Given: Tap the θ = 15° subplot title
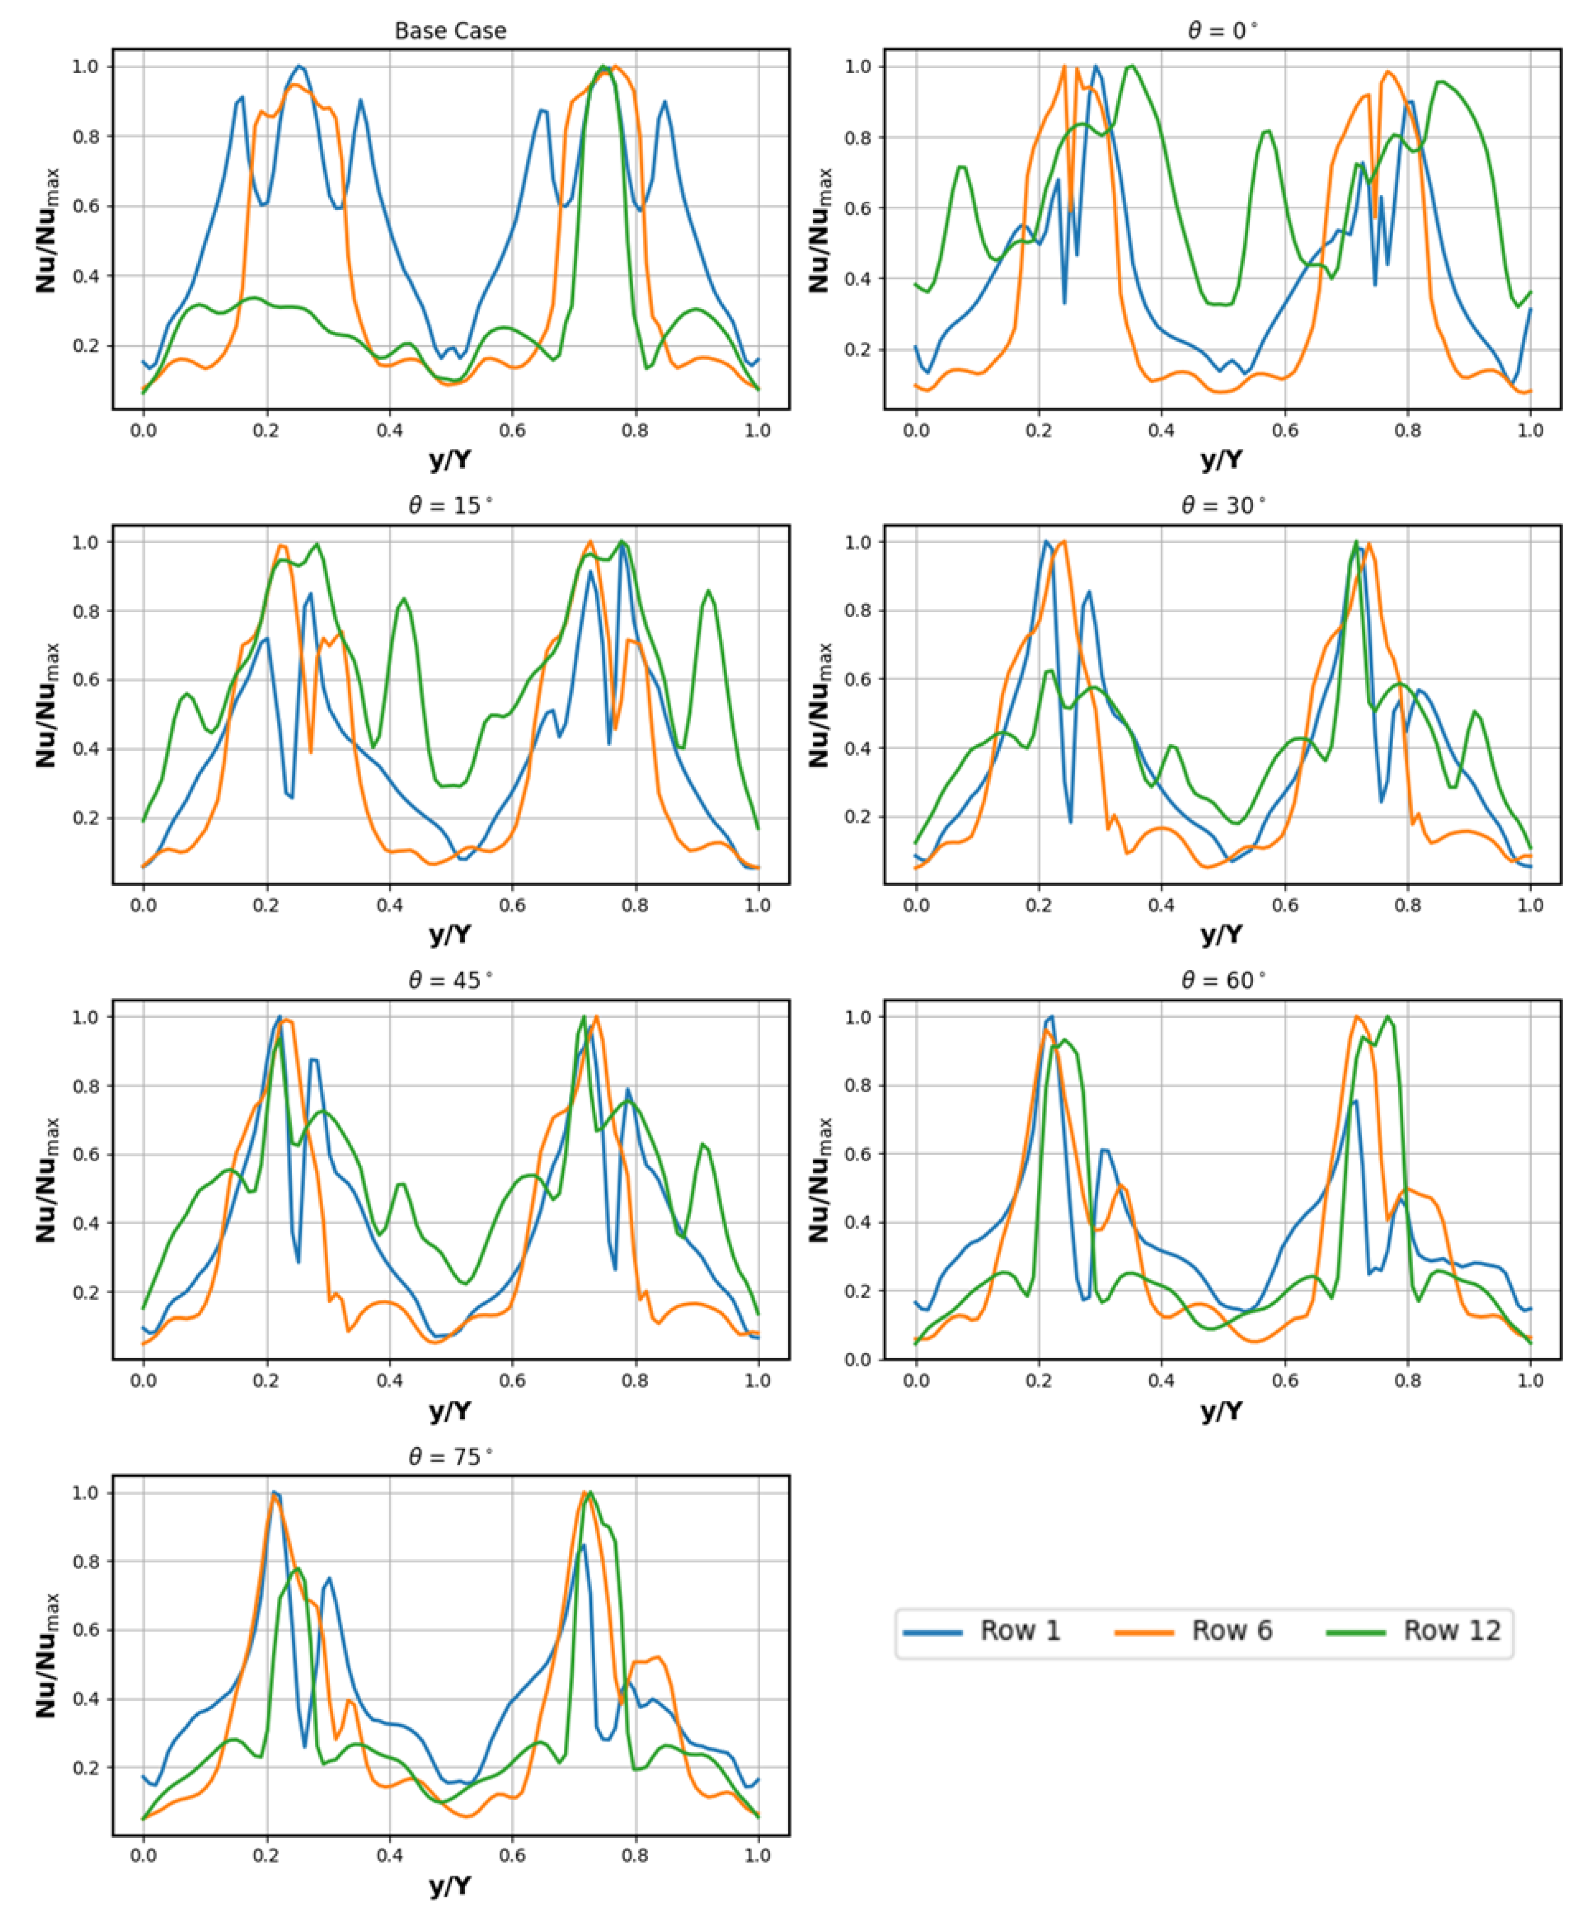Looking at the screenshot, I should click(x=450, y=505).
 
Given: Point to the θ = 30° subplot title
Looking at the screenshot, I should click(x=1222, y=505).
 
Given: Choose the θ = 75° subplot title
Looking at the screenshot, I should click(x=450, y=1457).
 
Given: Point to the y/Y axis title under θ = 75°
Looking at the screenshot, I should click(x=450, y=1885).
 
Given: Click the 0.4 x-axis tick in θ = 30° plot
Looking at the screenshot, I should click(x=1161, y=905).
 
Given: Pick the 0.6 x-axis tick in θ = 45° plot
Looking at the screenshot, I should click(x=512, y=1380).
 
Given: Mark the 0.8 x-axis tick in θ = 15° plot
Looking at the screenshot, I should click(x=635, y=905).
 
